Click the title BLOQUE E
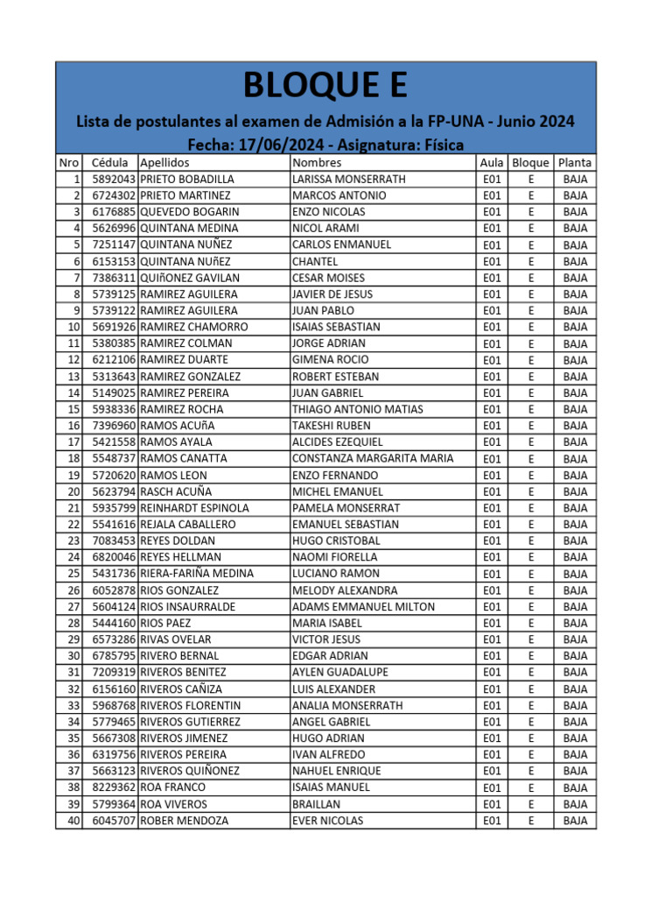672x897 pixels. [325, 87]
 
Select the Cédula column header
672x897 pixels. [110, 162]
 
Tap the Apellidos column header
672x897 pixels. [164, 162]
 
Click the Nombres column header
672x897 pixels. [318, 162]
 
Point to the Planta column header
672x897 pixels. [575, 162]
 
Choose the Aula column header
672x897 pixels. [492, 162]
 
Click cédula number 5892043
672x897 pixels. [114, 179]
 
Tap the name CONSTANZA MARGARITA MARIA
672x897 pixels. [373, 458]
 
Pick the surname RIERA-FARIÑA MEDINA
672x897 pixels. [197, 573]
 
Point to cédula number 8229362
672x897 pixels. [114, 787]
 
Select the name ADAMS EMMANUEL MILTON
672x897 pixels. [363, 606]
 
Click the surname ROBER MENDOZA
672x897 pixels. [184, 821]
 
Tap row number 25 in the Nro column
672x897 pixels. [73, 573]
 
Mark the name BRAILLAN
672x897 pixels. [317, 803]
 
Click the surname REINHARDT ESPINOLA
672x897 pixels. [194, 507]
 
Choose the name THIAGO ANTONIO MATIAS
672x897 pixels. [357, 409]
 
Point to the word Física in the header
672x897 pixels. [442, 145]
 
